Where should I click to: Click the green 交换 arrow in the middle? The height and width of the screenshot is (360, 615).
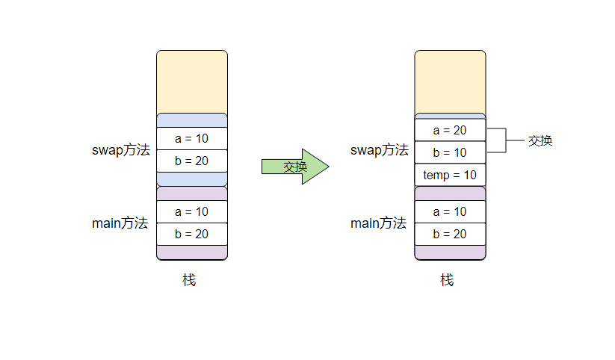(x=295, y=167)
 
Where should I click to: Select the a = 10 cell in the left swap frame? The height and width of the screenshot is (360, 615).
(x=191, y=138)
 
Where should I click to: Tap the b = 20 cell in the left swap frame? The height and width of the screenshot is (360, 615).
(x=191, y=161)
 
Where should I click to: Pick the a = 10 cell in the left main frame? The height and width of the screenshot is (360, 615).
(x=191, y=211)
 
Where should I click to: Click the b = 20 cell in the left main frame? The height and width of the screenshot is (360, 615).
(x=191, y=234)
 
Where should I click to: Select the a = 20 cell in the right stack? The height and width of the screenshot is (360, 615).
(x=450, y=130)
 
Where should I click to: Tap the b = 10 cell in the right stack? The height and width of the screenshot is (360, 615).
(x=450, y=152)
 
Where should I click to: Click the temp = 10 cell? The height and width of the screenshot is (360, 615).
(x=450, y=175)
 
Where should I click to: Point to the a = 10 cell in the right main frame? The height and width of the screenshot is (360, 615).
(x=450, y=211)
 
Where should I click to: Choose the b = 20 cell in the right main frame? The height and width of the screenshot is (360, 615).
(x=450, y=234)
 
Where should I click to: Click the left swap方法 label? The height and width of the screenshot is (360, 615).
(x=121, y=149)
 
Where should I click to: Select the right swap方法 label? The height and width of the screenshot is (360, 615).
(x=380, y=150)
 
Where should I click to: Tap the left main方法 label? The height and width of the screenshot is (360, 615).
(x=120, y=223)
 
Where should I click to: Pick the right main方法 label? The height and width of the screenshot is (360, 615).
(x=378, y=223)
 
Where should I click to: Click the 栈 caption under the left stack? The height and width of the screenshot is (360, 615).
(x=189, y=280)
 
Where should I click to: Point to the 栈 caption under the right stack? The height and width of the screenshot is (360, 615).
(x=447, y=280)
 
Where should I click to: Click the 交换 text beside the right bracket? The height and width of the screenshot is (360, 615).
(x=540, y=140)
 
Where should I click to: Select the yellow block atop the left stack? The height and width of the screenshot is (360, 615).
(x=191, y=81)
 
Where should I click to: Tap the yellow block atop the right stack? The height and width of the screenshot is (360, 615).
(x=450, y=81)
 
